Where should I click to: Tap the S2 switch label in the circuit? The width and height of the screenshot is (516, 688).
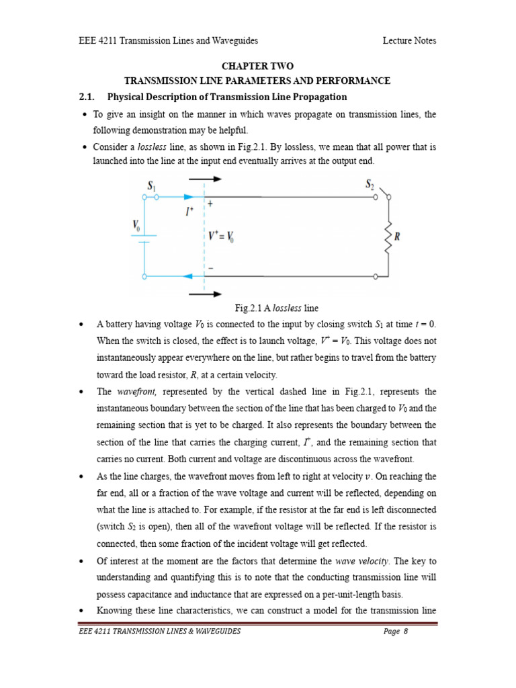(x=370, y=183)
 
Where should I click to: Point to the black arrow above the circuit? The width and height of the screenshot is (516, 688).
(x=205, y=179)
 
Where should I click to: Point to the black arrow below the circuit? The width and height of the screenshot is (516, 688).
(x=205, y=294)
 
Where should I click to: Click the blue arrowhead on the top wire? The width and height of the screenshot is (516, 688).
(x=189, y=198)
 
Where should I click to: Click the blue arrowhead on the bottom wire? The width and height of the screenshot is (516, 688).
(x=189, y=276)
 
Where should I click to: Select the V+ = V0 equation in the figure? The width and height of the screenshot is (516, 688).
(x=222, y=236)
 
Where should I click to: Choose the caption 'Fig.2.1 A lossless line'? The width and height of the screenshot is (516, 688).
(x=276, y=308)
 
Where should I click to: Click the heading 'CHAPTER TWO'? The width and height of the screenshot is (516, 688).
(x=257, y=66)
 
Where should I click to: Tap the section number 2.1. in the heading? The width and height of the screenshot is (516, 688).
(x=89, y=97)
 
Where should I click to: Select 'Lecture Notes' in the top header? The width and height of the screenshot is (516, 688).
(x=409, y=40)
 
